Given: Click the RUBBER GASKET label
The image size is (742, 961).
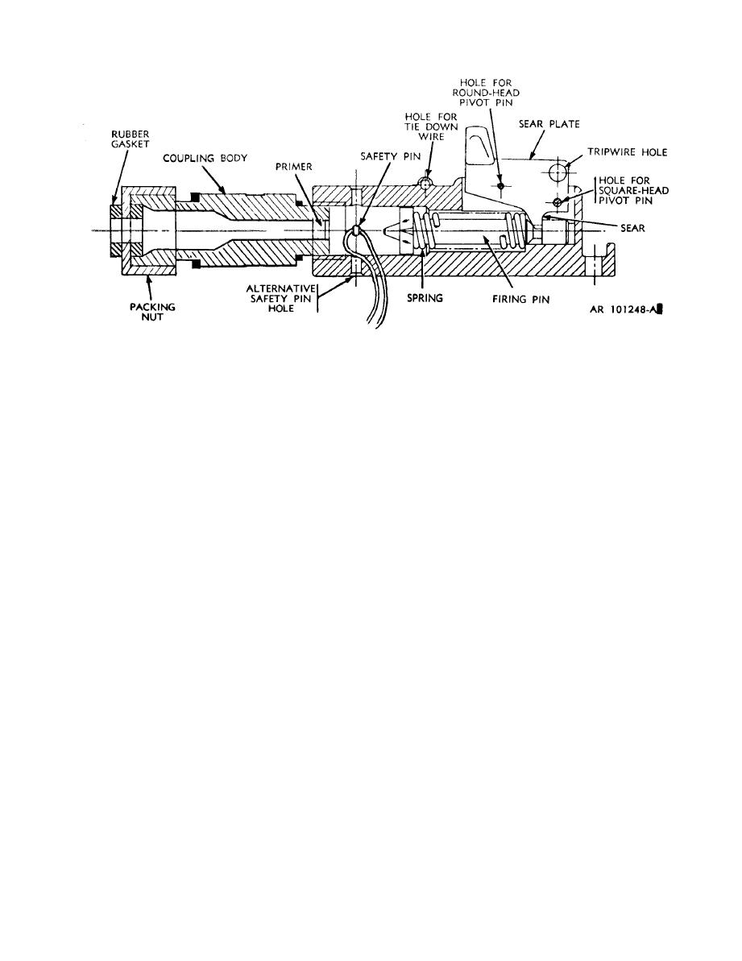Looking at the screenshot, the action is [x=130, y=139].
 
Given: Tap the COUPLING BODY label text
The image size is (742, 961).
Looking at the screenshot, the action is [x=205, y=158].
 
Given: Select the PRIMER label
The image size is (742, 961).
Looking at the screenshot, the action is [x=293, y=167].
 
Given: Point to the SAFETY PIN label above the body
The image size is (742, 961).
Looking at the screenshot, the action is [x=390, y=157].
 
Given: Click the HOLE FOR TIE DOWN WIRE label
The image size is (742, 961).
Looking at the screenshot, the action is [x=431, y=126].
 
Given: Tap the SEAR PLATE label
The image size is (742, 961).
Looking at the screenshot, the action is [x=549, y=124].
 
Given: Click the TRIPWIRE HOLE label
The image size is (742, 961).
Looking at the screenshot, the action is [x=628, y=152].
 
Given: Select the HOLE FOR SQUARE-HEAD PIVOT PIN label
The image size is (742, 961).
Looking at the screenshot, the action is [x=633, y=191].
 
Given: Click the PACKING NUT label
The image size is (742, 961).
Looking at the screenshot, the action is [x=152, y=312].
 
